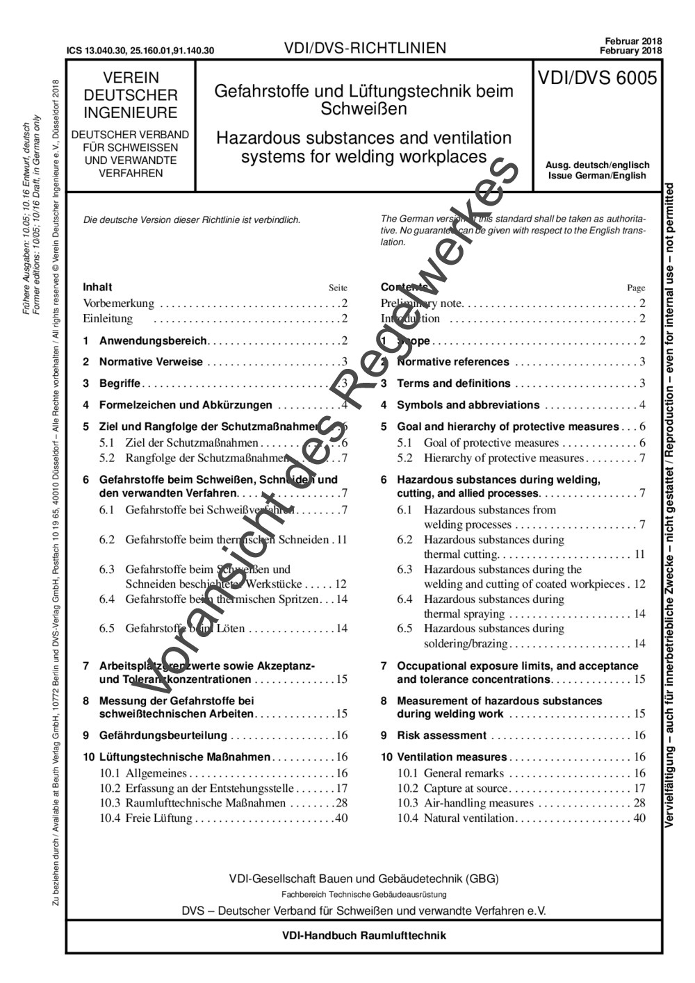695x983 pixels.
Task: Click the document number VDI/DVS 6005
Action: coord(597,79)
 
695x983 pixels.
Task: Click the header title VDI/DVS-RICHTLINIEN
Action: coord(365,48)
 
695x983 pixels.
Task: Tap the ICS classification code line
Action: coord(140,51)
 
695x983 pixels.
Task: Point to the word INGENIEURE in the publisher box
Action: coord(131,113)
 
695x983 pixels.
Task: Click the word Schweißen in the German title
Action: coord(363,109)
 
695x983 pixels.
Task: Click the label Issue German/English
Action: coord(597,176)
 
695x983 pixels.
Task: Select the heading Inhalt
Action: coord(97,287)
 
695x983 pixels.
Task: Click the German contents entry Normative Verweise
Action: coord(151,362)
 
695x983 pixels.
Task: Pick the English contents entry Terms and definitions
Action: coord(453,383)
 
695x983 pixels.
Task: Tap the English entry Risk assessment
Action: coord(441,736)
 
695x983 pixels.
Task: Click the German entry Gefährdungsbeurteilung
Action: coord(163,736)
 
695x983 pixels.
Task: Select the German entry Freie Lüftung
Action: coord(158,818)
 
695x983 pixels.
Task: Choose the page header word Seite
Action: coord(338,288)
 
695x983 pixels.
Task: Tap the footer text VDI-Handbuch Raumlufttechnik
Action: coord(363,935)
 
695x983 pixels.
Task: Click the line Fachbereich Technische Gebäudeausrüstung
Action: coord(363,895)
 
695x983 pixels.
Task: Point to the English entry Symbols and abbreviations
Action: coord(468,405)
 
